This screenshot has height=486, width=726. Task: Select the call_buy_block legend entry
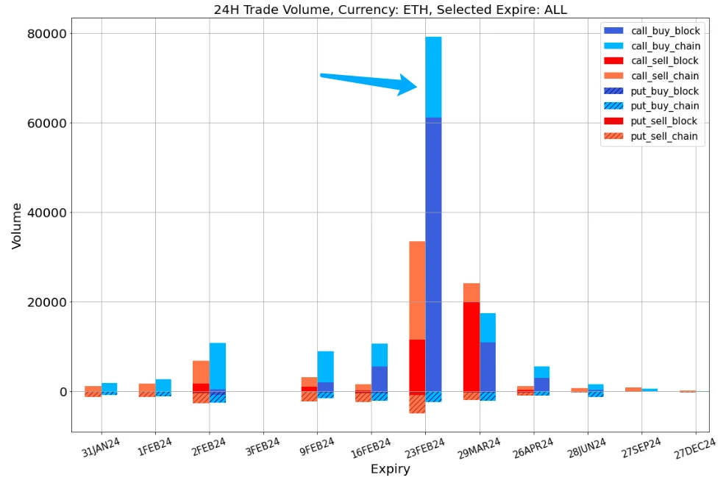click(x=665, y=31)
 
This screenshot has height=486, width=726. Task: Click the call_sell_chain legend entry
click(x=665, y=76)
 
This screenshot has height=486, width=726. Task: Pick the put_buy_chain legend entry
click(x=665, y=106)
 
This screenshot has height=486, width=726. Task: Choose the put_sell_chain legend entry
click(x=665, y=136)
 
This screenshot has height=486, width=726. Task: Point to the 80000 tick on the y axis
click(x=47, y=34)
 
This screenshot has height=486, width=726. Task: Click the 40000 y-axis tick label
click(x=47, y=213)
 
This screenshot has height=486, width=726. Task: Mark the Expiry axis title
click(x=390, y=469)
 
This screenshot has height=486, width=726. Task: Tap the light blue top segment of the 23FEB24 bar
click(x=433, y=76)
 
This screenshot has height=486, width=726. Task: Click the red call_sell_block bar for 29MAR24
click(x=471, y=346)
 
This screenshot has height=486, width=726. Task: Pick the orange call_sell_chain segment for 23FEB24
click(x=417, y=290)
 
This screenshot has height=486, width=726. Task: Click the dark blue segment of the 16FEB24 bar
click(x=380, y=379)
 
